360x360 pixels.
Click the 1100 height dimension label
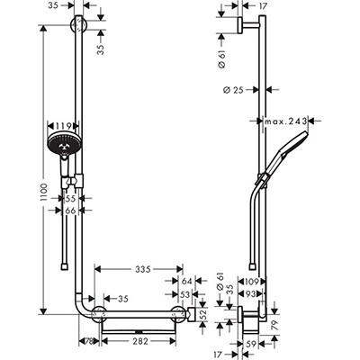point(44,193)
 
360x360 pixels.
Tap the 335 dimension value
point(142,269)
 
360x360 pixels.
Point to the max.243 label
point(286,121)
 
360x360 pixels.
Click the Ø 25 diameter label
point(233,90)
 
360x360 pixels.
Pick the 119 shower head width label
point(63,125)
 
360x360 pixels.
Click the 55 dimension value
point(71,198)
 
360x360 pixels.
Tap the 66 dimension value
point(71,211)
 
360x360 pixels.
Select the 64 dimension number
point(186,281)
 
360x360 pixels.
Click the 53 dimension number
point(184,294)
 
